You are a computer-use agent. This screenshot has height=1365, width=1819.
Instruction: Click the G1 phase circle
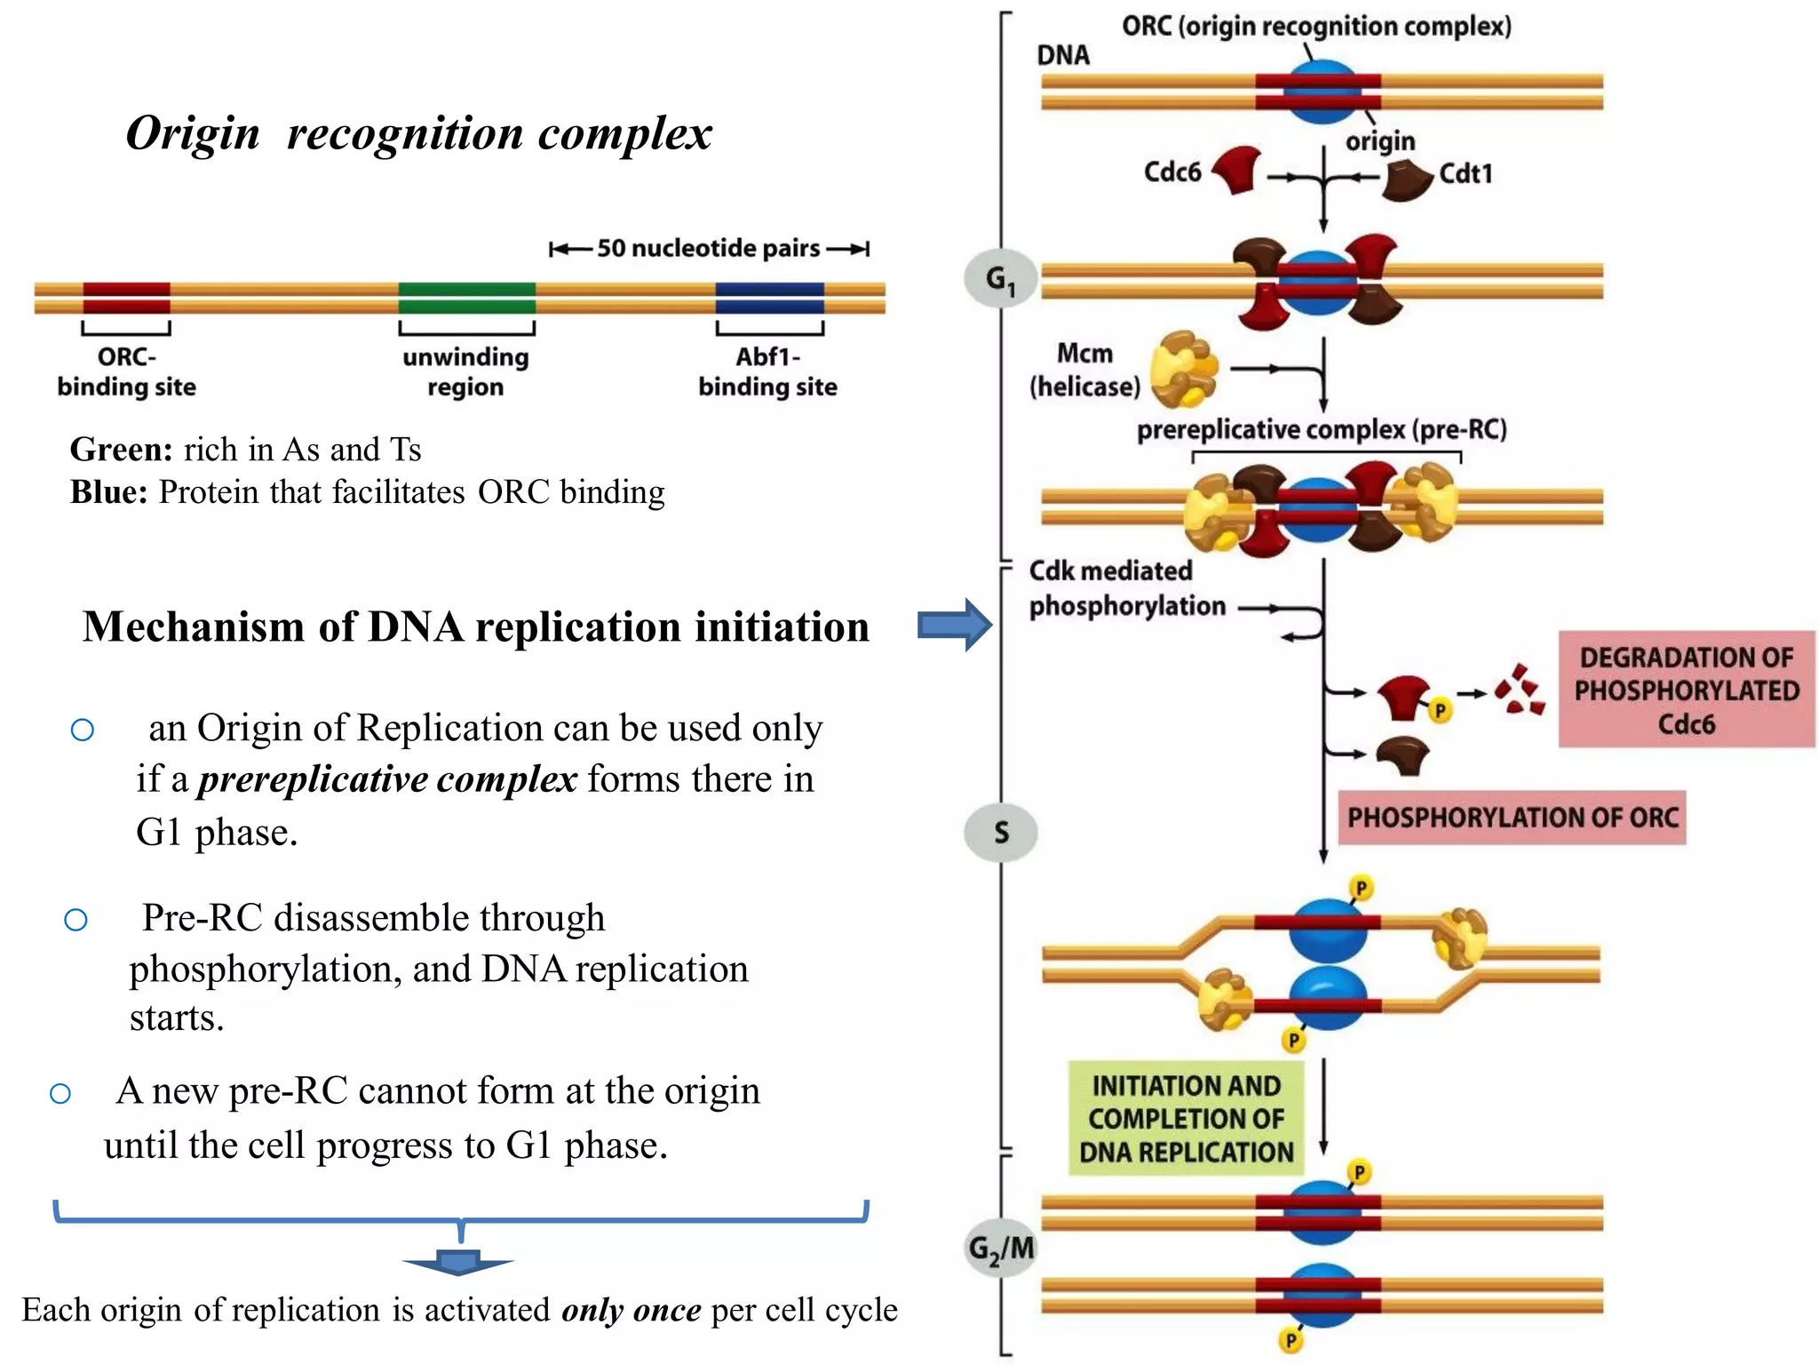1000,279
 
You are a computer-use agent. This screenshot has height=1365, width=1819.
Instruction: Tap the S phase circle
1001,833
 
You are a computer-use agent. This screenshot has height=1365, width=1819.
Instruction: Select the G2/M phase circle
1001,1249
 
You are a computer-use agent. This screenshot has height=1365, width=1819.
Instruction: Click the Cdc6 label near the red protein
1172,172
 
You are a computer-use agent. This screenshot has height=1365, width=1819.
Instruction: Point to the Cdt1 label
1466,173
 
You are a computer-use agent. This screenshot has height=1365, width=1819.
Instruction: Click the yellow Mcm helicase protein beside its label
1183,369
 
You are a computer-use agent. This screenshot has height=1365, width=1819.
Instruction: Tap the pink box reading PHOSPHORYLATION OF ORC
1512,818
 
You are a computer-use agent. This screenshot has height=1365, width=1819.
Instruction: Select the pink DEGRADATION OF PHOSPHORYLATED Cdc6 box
1686,690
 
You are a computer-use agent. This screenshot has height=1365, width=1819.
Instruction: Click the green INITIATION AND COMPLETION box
1186,1119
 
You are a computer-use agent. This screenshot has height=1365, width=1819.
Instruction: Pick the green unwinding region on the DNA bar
466,298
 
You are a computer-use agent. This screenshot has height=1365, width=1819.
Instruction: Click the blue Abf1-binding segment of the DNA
769,298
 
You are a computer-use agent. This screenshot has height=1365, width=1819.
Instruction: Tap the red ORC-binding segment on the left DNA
126,298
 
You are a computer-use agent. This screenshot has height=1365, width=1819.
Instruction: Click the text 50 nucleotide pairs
708,248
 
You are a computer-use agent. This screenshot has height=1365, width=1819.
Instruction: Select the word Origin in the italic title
193,133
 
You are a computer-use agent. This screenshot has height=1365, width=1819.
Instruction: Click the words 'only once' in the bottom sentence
631,1310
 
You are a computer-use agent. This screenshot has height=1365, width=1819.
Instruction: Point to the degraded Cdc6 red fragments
1521,690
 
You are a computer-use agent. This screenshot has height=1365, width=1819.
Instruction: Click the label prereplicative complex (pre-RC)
1322,430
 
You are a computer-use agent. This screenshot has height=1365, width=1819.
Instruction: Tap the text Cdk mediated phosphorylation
1125,588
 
